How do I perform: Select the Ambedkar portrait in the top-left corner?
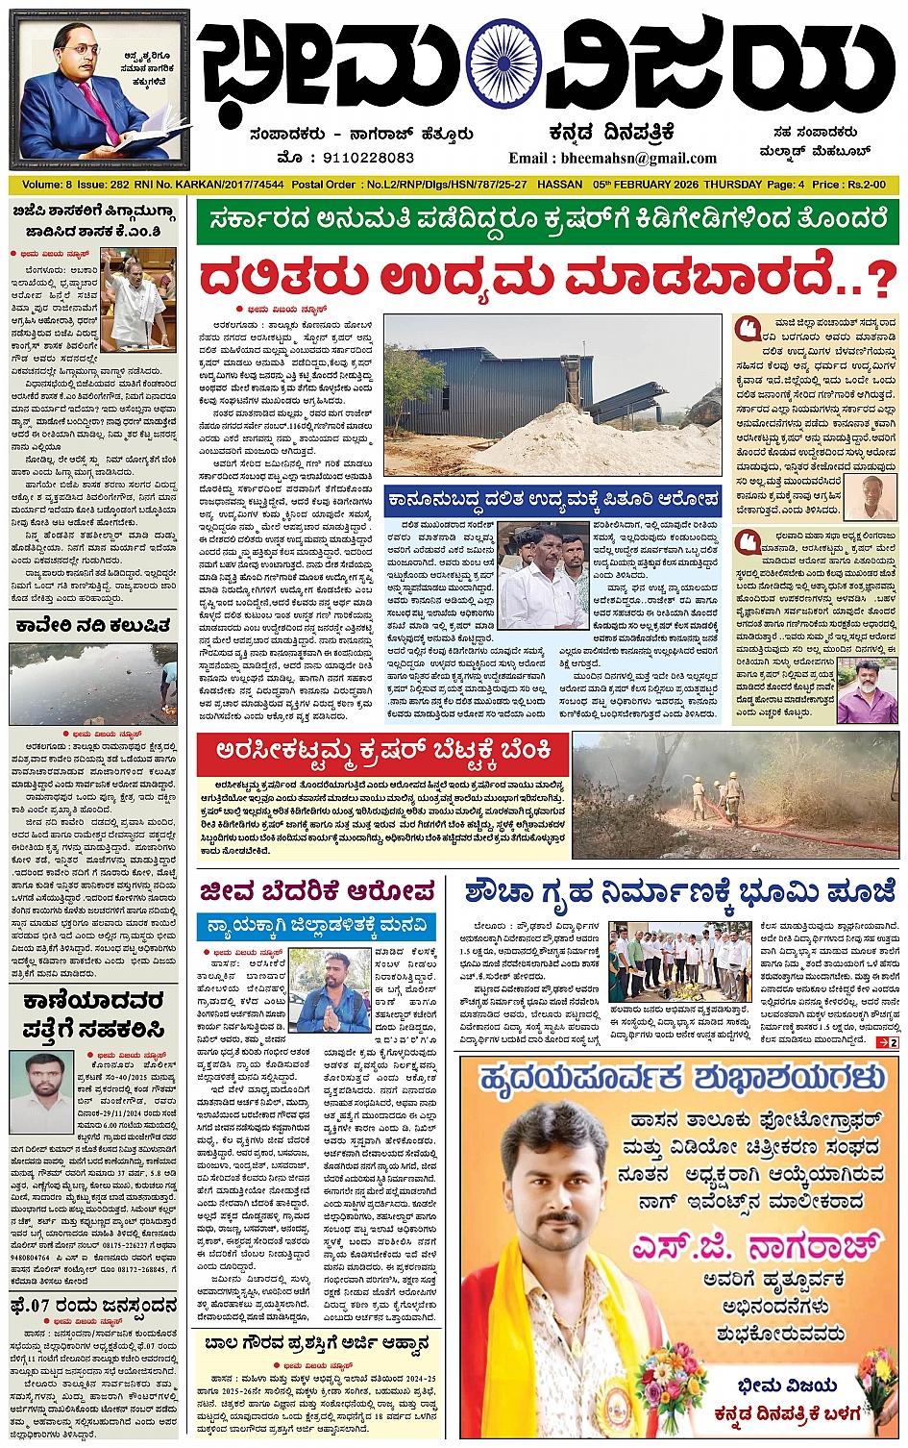click(x=99, y=88)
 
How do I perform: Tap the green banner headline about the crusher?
click(x=548, y=221)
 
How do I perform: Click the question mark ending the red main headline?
click(x=877, y=278)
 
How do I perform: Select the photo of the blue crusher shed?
click(x=552, y=394)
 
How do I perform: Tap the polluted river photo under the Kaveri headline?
click(x=93, y=684)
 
